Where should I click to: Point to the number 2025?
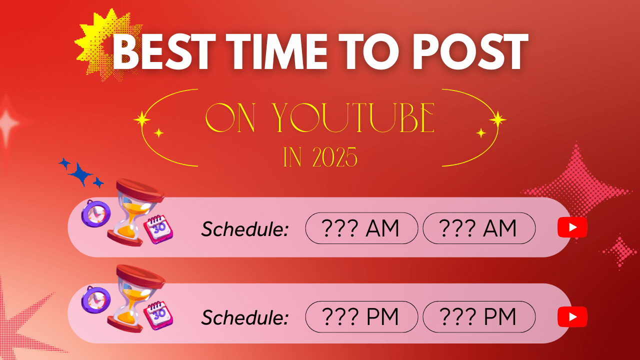335,157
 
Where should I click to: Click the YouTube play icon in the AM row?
572,227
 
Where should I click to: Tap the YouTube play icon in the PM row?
572,316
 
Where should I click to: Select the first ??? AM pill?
361,228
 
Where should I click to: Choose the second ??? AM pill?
479,228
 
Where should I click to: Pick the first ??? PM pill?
361,316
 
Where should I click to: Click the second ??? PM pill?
479,316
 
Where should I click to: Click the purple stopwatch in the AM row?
95,213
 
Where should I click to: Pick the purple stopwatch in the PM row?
95,299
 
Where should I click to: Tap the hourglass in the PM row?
136,298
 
